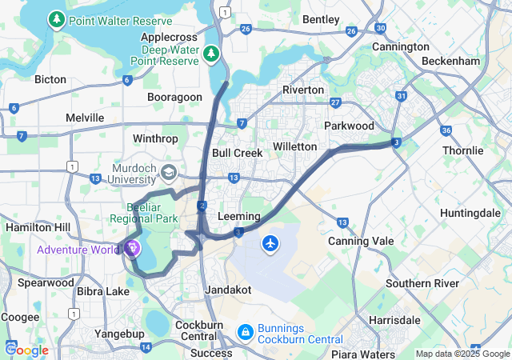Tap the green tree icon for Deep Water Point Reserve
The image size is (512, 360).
211,54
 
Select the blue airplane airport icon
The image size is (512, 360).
270,242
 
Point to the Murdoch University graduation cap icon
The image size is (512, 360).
169,172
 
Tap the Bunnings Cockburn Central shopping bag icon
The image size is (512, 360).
246,330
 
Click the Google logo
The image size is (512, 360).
26,350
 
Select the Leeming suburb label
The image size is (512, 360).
238,217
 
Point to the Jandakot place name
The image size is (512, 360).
229,289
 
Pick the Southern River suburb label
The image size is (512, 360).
422,283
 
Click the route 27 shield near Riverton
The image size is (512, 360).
335,102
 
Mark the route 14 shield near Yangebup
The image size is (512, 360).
146,347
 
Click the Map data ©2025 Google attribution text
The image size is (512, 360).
462,354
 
